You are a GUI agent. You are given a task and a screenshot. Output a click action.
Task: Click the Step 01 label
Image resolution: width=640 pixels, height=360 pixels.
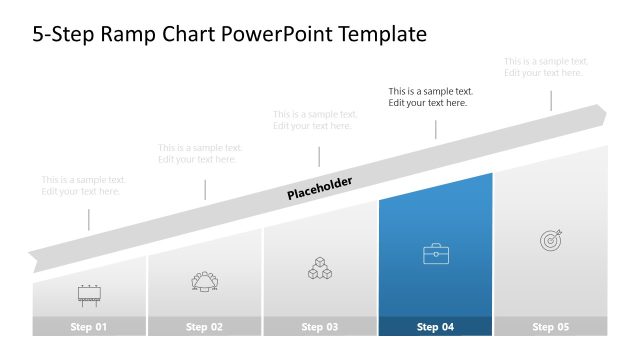coord(88,327)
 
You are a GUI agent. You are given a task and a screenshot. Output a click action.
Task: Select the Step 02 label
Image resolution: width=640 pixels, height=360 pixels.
coord(204,327)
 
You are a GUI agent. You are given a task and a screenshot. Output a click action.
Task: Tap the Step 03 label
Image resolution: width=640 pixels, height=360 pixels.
coord(320,327)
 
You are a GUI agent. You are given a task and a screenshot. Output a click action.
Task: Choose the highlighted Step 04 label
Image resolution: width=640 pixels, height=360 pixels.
coord(435,327)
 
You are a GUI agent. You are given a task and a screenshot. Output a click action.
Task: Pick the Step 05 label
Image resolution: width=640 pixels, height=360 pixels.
coord(550,327)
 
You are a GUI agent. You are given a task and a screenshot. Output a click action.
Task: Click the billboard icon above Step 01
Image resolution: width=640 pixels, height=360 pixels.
coord(88,294)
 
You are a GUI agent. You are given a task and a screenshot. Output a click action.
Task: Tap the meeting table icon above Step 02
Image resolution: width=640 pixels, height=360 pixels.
coord(204,281)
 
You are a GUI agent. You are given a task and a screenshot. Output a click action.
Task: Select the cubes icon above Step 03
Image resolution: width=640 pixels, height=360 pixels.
coord(320,268)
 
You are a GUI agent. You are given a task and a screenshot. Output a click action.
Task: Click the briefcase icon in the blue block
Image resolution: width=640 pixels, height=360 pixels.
coord(436,255)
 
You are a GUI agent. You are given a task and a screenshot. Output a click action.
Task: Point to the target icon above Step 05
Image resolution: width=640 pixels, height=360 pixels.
coord(551,240)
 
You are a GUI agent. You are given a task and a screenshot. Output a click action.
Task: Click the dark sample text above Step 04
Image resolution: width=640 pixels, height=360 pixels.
coord(431,97)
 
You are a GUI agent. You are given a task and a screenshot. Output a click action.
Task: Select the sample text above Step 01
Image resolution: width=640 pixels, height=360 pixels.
coord(84,185)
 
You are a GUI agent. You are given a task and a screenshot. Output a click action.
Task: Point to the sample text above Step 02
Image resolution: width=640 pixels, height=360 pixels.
coord(200,153)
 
